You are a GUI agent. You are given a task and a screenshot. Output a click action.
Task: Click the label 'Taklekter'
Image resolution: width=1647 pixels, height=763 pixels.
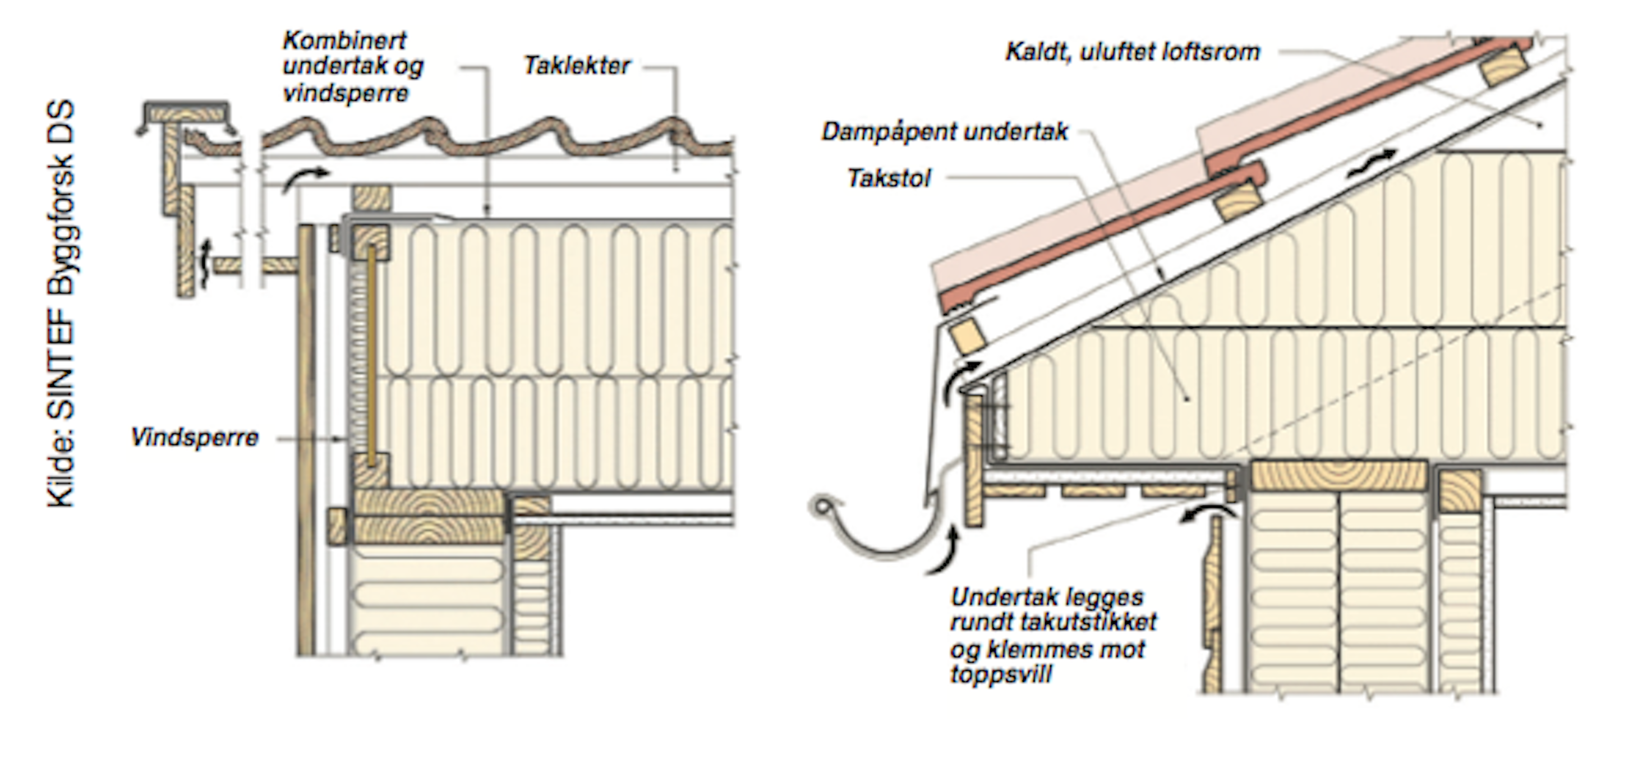point(577,65)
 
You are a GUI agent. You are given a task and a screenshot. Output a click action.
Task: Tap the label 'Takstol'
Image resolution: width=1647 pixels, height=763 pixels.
point(889,178)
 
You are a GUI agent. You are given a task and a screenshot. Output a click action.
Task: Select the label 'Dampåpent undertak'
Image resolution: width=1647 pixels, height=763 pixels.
point(944,132)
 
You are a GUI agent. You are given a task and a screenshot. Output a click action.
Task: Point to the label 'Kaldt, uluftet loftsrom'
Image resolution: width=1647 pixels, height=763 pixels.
point(1132,52)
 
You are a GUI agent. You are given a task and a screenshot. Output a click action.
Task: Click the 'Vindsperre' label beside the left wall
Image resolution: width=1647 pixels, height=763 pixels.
point(194,438)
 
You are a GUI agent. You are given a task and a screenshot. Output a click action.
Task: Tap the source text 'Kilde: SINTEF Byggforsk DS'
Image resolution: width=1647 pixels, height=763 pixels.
point(61,304)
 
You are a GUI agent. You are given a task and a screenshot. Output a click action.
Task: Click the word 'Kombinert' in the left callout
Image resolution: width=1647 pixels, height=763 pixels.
point(344,40)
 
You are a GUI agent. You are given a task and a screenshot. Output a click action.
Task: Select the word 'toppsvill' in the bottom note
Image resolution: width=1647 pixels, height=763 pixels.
point(1001,675)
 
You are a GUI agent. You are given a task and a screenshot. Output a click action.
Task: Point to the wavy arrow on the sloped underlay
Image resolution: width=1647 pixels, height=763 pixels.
point(1372,163)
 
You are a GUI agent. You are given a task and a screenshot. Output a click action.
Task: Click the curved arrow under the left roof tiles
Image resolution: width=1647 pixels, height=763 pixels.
point(306,178)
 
